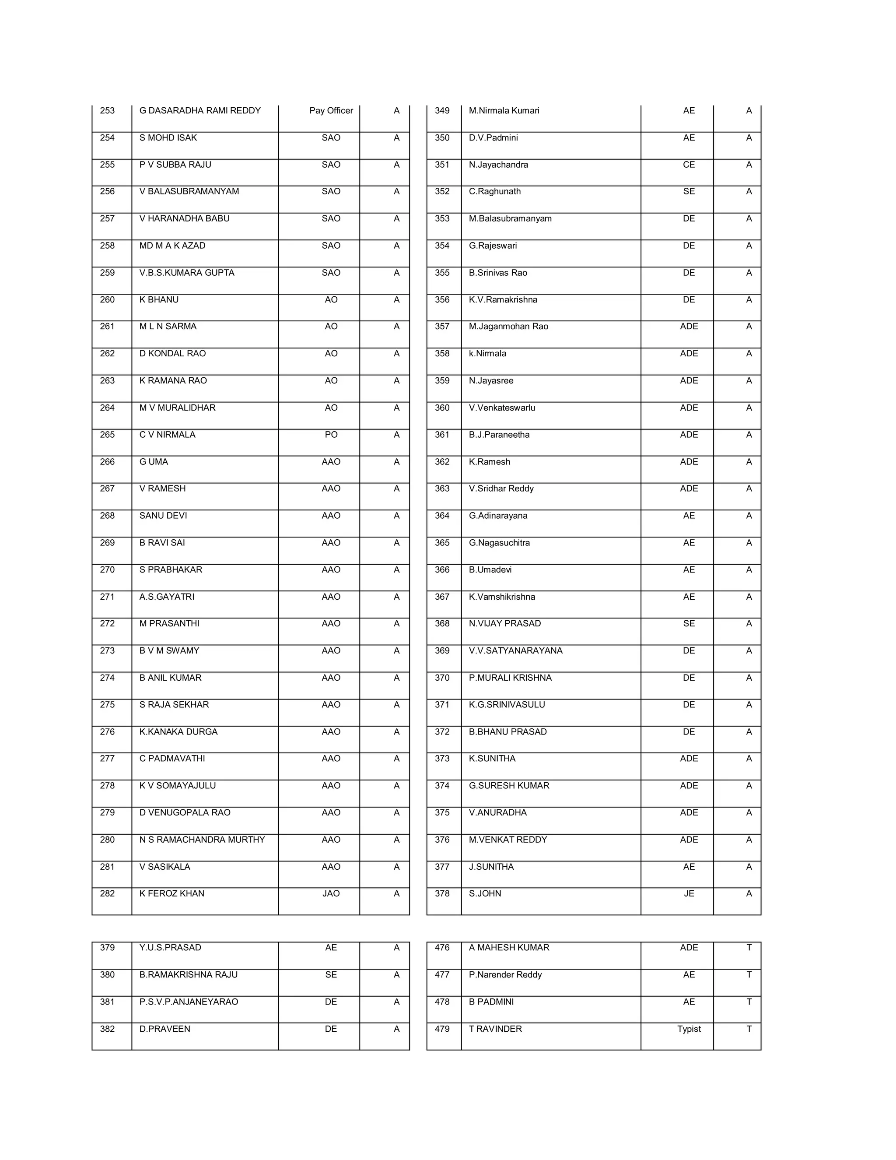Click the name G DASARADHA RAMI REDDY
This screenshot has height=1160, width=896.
200,110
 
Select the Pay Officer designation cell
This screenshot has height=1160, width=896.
331,110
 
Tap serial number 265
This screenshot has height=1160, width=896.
107,435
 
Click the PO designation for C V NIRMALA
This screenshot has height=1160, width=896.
331,435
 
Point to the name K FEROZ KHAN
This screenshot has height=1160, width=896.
171,893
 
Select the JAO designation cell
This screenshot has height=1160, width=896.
331,893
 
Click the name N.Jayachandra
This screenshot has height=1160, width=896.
498,165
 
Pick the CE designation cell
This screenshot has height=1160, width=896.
689,165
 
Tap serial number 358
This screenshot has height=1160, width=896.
442,353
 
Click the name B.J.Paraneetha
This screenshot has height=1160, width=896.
499,435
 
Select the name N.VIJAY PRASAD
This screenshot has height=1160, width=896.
505,623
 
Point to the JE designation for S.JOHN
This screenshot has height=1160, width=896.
689,893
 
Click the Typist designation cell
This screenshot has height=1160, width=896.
689,1029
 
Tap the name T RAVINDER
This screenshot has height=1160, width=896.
495,1029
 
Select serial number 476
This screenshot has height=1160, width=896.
442,948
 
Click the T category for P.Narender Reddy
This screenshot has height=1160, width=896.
749,975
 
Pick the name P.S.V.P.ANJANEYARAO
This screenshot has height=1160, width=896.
189,1002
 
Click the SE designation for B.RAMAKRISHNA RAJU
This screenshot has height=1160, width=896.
331,975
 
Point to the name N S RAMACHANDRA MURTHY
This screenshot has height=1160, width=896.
202,840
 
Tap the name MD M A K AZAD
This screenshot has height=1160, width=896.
172,246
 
